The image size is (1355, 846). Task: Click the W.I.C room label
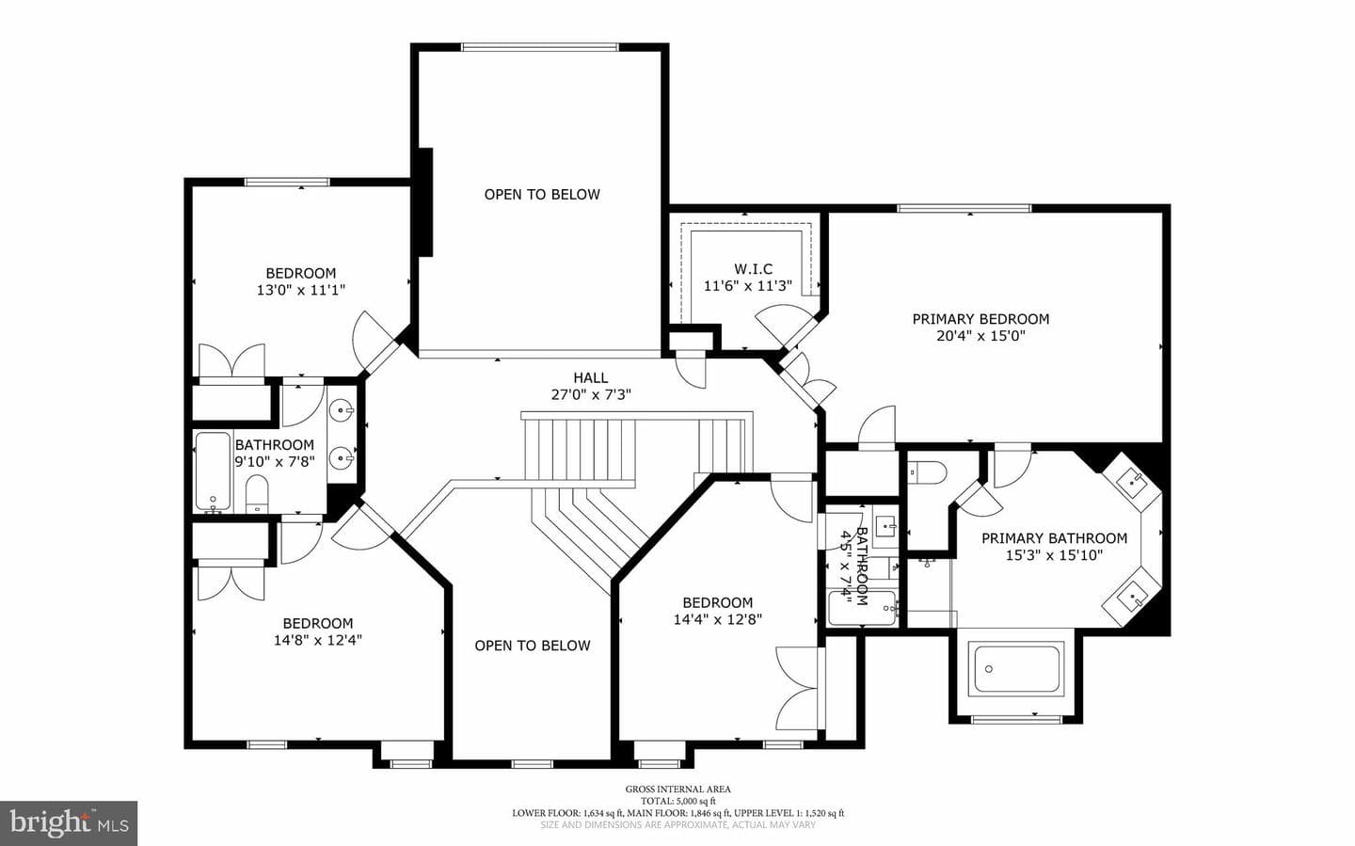(x=753, y=269)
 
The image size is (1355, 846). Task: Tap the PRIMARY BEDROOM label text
(x=980, y=319)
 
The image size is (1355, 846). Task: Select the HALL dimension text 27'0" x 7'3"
(x=591, y=394)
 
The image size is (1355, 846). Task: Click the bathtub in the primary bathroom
(x=1017, y=669)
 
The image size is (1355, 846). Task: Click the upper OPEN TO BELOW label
(x=542, y=194)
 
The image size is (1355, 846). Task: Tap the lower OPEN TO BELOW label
(x=533, y=646)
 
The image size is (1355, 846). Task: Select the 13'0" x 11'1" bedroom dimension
(x=301, y=290)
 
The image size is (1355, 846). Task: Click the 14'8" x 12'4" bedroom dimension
(x=318, y=640)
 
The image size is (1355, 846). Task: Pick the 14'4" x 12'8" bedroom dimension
(x=717, y=619)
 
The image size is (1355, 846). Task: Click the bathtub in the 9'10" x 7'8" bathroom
(x=213, y=471)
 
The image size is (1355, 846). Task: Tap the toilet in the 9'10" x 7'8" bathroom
(x=257, y=493)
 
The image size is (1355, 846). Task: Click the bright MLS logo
(x=69, y=823)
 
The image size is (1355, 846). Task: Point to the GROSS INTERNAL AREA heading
(x=677, y=790)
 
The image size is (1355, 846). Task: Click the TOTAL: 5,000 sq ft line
(x=677, y=801)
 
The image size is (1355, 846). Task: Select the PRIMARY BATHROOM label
(x=1054, y=538)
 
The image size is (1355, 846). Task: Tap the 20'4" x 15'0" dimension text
(x=980, y=336)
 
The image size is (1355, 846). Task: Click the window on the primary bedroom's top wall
(x=964, y=209)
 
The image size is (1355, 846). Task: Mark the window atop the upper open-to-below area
(x=539, y=47)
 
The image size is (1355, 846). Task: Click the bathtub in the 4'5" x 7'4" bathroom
(x=861, y=608)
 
